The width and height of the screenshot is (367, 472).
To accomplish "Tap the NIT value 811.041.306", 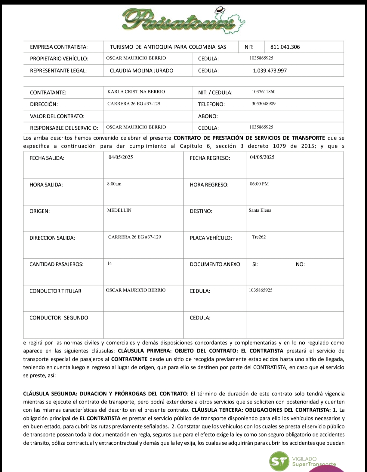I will coord(285,47).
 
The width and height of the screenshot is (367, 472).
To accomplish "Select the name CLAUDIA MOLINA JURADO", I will coord(141,71).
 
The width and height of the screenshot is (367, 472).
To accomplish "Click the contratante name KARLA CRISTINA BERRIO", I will coord(136,92).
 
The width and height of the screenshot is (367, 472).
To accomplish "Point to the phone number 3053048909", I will coord(264,104).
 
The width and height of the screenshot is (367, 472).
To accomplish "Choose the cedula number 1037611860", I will coord(264,92).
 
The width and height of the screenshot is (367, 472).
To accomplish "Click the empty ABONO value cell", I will coord(295,116).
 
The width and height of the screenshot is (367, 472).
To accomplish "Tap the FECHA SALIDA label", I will coord(47,158).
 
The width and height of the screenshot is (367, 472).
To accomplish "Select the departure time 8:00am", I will coord(114,184).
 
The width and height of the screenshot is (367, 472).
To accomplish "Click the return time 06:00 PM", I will coord(259,184).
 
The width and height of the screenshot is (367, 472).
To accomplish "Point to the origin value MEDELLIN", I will coord(119,210).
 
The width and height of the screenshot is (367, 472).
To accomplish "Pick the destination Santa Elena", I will coord(260,210).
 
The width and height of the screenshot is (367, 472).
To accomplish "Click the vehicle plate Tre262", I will coord(259,237).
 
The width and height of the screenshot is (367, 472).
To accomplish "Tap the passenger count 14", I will coord(109,263).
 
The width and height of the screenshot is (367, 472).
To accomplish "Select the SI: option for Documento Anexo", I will coord(255,265).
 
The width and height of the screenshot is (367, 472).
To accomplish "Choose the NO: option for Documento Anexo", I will coord(300,265).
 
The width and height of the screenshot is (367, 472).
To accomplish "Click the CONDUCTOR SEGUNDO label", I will coord(59,318).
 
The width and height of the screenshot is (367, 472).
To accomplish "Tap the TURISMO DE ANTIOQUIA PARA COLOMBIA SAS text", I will coord(168,47).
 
